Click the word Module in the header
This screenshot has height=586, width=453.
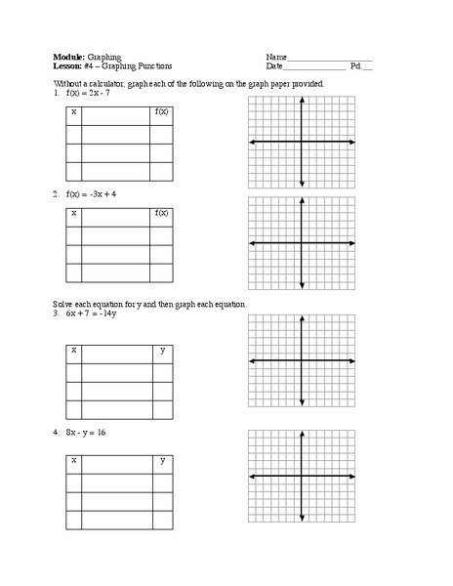(68, 57)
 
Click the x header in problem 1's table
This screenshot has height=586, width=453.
(73, 113)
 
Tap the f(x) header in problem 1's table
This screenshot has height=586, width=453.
(161, 113)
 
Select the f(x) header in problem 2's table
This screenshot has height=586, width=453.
(161, 213)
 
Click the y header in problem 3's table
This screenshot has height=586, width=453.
(162, 350)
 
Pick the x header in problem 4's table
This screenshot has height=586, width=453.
(73, 459)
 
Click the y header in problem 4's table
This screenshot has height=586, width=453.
(162, 459)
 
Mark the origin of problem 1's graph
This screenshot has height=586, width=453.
(302, 143)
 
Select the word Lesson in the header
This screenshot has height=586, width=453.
(69, 66)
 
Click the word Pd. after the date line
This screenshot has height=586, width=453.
(356, 66)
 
